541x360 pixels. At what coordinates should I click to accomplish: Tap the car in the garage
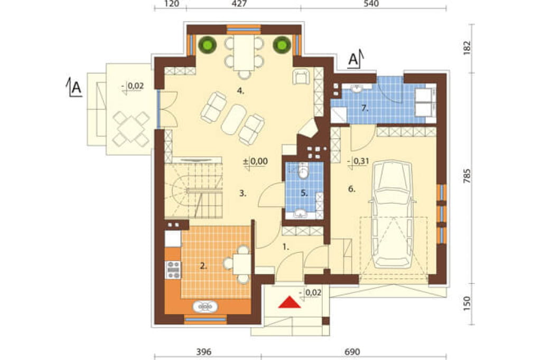pyautogui.click(x=391, y=214)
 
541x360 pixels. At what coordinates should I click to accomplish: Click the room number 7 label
pyautogui.click(x=365, y=108)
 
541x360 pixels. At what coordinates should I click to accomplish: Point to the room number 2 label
pyautogui.click(x=203, y=266)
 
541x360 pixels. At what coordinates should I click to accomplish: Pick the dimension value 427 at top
pyautogui.click(x=239, y=4)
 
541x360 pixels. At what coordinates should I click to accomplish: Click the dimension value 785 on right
pyautogui.click(x=467, y=176)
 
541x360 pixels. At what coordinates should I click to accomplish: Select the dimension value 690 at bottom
pyautogui.click(x=352, y=352)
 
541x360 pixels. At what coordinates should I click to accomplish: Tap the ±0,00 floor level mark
pyautogui.click(x=255, y=162)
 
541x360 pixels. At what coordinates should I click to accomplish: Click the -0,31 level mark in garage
pyautogui.click(x=358, y=162)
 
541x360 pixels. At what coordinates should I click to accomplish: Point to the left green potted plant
pyautogui.click(x=207, y=45)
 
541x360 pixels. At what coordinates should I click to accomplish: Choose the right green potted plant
pyautogui.click(x=282, y=45)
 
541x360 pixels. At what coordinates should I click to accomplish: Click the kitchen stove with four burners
pyautogui.click(x=173, y=270)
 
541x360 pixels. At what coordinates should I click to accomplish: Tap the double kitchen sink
pyautogui.click(x=205, y=306)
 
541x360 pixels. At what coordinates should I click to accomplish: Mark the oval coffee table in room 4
pyautogui.click(x=233, y=119)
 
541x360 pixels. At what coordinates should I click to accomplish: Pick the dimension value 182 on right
pyautogui.click(x=467, y=48)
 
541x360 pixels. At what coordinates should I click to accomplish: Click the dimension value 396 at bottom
pyautogui.click(x=203, y=352)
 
